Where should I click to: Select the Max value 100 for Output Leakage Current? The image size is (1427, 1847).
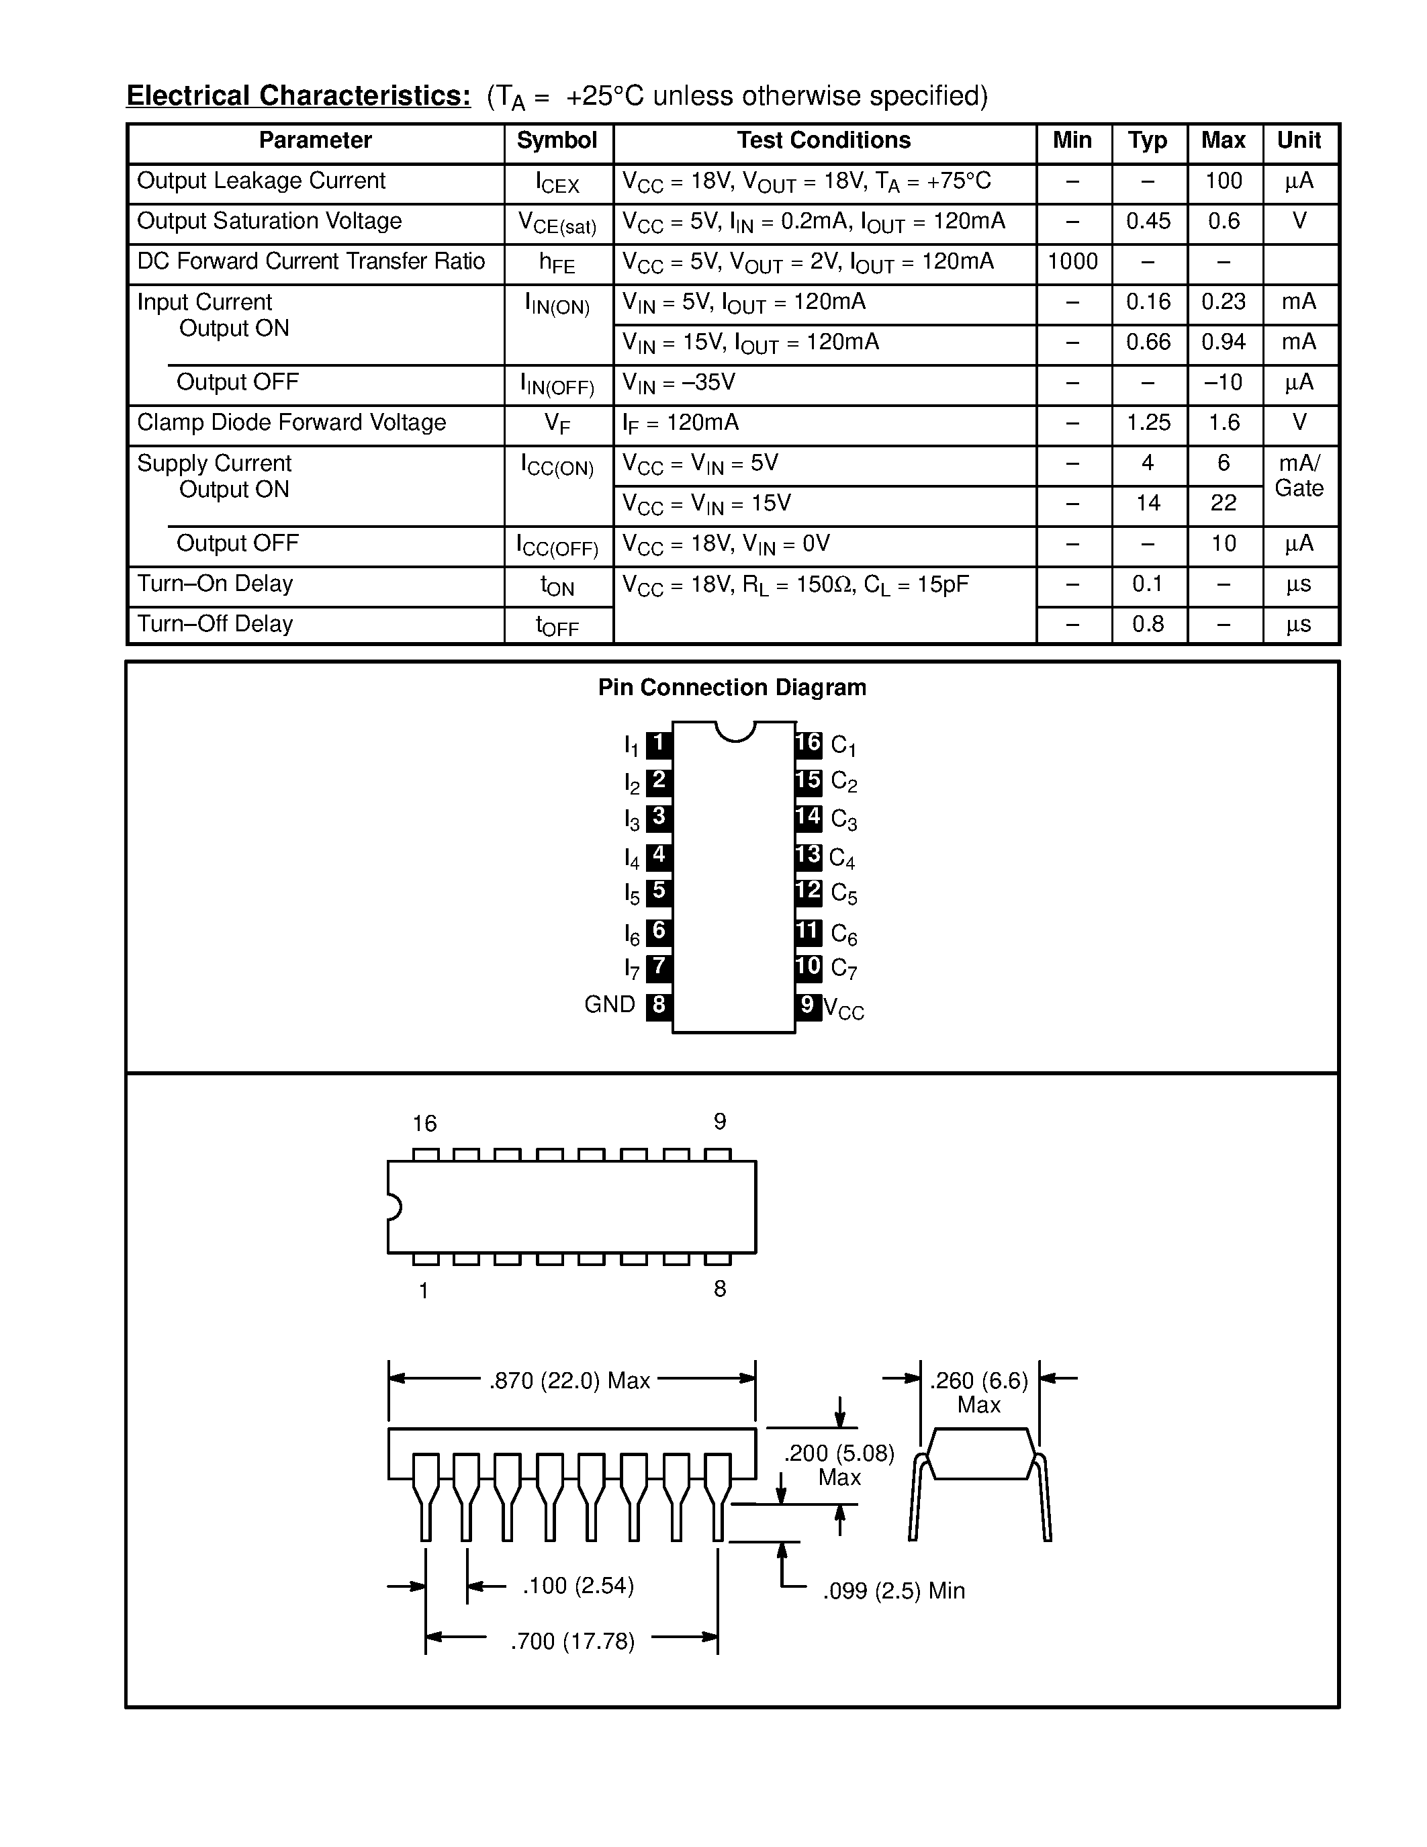pos(1224,181)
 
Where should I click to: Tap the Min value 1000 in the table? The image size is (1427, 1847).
pos(1072,261)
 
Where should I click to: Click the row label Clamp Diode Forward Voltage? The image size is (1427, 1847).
pos(291,423)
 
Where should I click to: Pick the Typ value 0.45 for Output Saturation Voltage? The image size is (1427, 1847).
pos(1148,222)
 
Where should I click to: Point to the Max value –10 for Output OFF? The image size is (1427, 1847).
pos(1224,382)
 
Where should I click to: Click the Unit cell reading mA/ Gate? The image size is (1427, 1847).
pos(1299,476)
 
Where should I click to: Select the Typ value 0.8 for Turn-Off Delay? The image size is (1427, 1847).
pos(1148,624)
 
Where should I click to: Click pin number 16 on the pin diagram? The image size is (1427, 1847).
pos(808,744)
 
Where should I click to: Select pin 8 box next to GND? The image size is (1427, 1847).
pos(659,1005)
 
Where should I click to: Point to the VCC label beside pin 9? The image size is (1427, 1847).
pos(843,1009)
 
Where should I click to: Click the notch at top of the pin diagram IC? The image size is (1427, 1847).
pos(735,731)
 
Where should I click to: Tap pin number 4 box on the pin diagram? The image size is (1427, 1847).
pos(659,856)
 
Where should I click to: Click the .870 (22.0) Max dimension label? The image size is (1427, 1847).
pos(569,1381)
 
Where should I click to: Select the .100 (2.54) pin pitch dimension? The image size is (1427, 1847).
pos(578,1586)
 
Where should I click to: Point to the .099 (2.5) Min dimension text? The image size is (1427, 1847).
pos(894,1590)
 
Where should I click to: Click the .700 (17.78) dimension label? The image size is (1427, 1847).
pos(572,1641)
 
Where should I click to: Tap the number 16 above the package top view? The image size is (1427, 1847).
pos(424,1123)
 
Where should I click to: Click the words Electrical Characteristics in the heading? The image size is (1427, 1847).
pos(298,95)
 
